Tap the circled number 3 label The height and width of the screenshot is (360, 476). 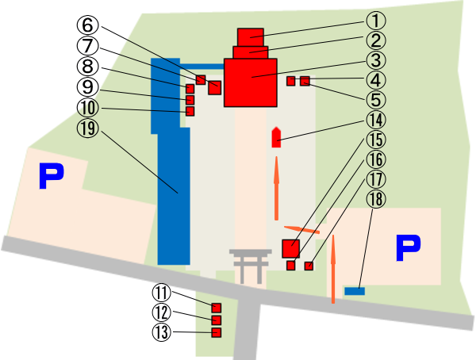coord(375,59)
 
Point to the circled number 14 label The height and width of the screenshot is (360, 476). coord(375,120)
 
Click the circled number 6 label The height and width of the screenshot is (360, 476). coord(88,25)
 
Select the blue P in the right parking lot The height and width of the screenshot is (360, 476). coord(408,248)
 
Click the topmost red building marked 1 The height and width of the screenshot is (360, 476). coord(251,36)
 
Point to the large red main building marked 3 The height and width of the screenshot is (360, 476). coord(250,82)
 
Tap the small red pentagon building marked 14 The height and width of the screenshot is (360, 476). coord(277,137)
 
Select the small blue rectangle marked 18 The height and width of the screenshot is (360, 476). coord(355,291)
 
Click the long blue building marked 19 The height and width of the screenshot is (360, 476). coord(174,198)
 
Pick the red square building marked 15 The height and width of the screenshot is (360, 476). coord(291,247)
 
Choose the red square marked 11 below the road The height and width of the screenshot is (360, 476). coord(216,307)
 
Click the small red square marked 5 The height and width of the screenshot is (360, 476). coord(305,81)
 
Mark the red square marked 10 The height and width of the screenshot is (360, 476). coord(190,112)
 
